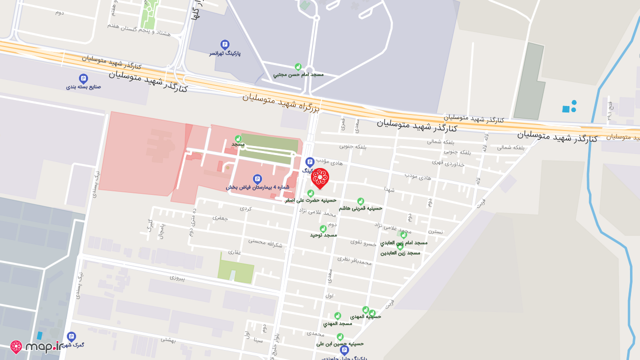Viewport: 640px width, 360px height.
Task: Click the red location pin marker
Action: (x=320, y=178)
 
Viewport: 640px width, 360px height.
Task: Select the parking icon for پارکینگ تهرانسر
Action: (x=225, y=44)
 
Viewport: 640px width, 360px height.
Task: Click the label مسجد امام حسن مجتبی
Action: (x=298, y=74)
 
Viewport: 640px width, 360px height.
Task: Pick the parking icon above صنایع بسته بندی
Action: (x=83, y=78)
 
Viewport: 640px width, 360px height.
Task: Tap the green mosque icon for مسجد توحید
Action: (x=323, y=228)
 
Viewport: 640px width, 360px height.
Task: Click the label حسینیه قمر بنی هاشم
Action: (x=360, y=208)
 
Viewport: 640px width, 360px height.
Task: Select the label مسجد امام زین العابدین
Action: (x=404, y=242)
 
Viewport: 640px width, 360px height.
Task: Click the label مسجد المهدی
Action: (x=337, y=323)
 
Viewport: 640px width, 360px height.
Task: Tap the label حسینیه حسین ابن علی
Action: (x=340, y=344)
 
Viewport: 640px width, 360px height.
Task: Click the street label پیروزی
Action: (x=177, y=277)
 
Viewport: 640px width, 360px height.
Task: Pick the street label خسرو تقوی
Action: (x=363, y=243)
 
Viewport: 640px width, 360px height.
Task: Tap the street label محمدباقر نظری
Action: (x=354, y=260)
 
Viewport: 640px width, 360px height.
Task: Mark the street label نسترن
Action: (x=435, y=231)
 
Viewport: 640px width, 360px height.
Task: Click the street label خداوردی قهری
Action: (x=448, y=163)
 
